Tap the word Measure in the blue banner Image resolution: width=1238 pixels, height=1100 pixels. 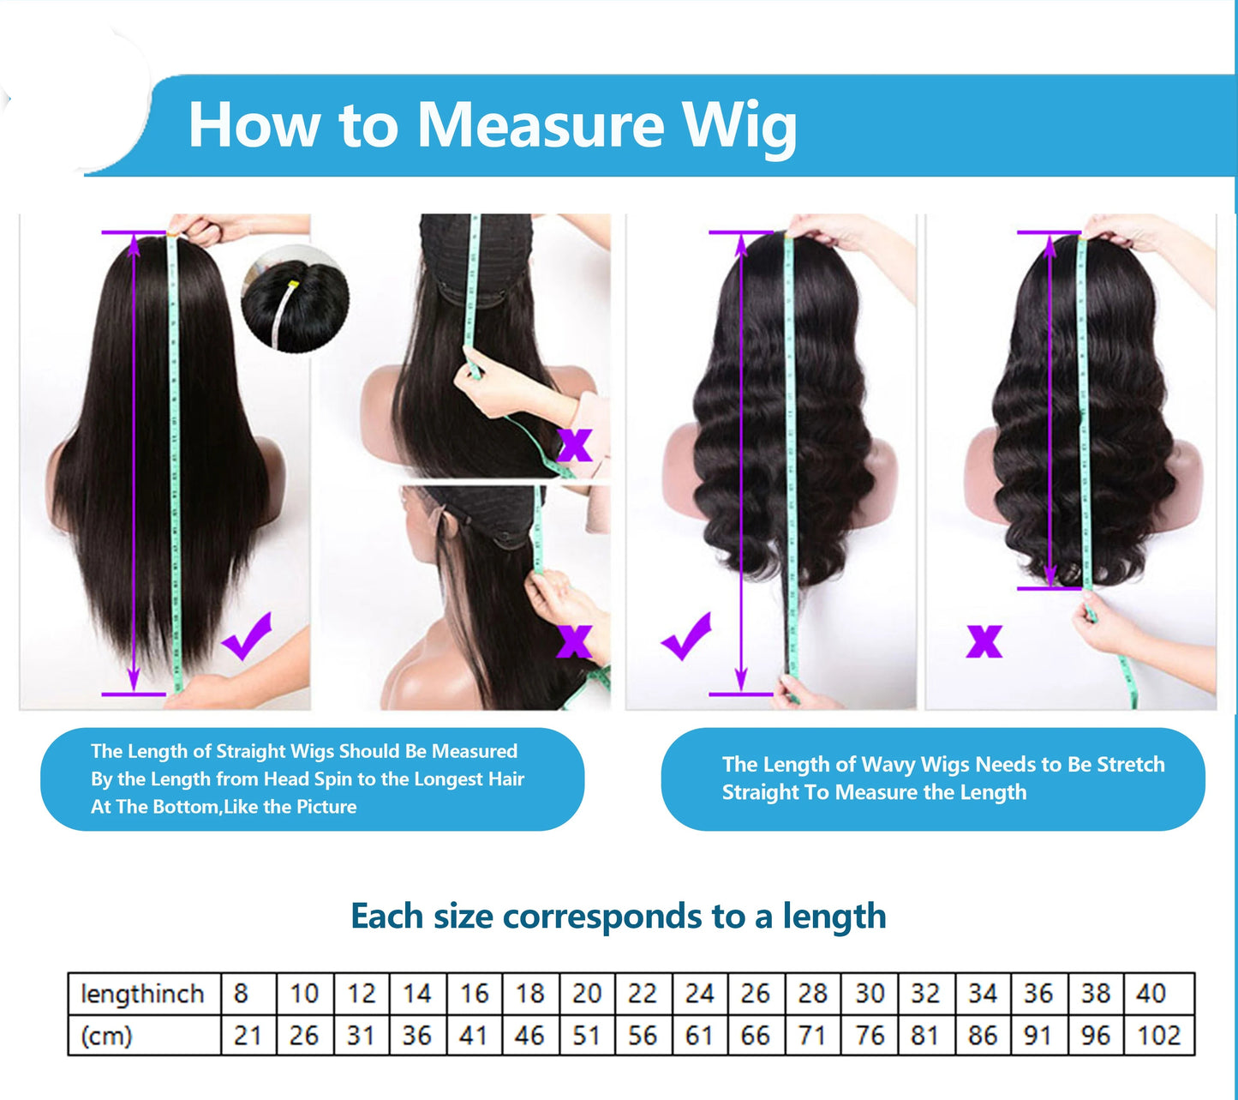tap(540, 126)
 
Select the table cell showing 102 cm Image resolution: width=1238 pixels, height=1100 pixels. tap(1158, 1035)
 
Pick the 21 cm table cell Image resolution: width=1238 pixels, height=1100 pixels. tap(247, 1035)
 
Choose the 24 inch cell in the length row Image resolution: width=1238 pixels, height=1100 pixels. tap(699, 994)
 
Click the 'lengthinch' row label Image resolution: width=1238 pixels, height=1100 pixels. tap(142, 994)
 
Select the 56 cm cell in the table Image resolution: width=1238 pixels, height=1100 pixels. tap(643, 1035)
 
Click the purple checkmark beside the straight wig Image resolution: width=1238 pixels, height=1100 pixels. tap(247, 637)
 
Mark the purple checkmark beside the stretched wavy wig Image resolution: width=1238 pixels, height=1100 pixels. tap(686, 637)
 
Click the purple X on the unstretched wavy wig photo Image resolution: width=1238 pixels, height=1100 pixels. tap(984, 640)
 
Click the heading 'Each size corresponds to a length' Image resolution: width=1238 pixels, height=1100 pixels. tap(618, 916)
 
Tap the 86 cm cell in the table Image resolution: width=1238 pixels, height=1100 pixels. tap(982, 1035)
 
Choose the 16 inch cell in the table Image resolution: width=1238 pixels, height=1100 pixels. tap(474, 994)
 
